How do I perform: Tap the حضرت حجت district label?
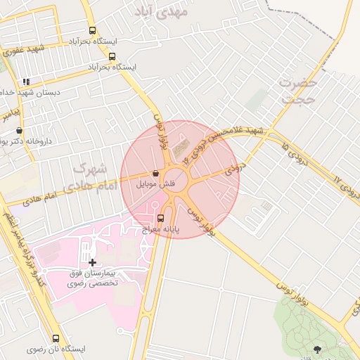coord(298,90)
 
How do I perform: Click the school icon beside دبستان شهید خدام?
coord(26,82)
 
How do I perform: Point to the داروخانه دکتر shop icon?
coord(19,130)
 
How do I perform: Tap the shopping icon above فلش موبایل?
coord(155,174)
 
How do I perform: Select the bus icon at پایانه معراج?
coord(161,218)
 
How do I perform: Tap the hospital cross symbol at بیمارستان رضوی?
coord(92,262)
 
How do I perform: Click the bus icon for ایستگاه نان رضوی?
coord(56,338)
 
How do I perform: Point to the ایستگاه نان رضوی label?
coord(56,349)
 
